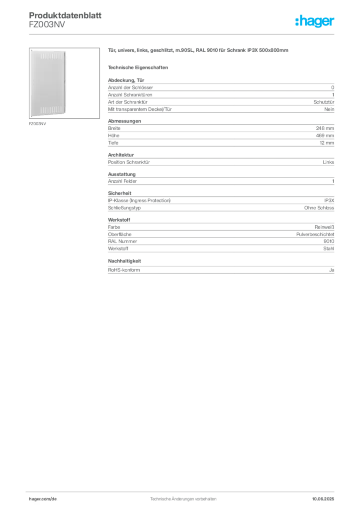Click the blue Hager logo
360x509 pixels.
pyautogui.click(x=315, y=21)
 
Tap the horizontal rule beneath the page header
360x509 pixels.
pyautogui.click(x=183, y=34)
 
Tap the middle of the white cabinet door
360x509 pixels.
pyautogui.click(x=49, y=83)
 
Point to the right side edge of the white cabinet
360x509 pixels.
pyautogui.click(x=67, y=83)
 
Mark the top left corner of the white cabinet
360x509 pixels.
pyautogui.click(x=31, y=50)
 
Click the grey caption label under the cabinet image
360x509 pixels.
pyautogui.click(x=38, y=124)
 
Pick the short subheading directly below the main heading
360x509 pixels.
pyautogui.click(x=139, y=67)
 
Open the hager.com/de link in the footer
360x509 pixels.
pyautogui.click(x=42, y=499)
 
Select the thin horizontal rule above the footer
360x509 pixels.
pyautogui.click(x=183, y=491)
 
